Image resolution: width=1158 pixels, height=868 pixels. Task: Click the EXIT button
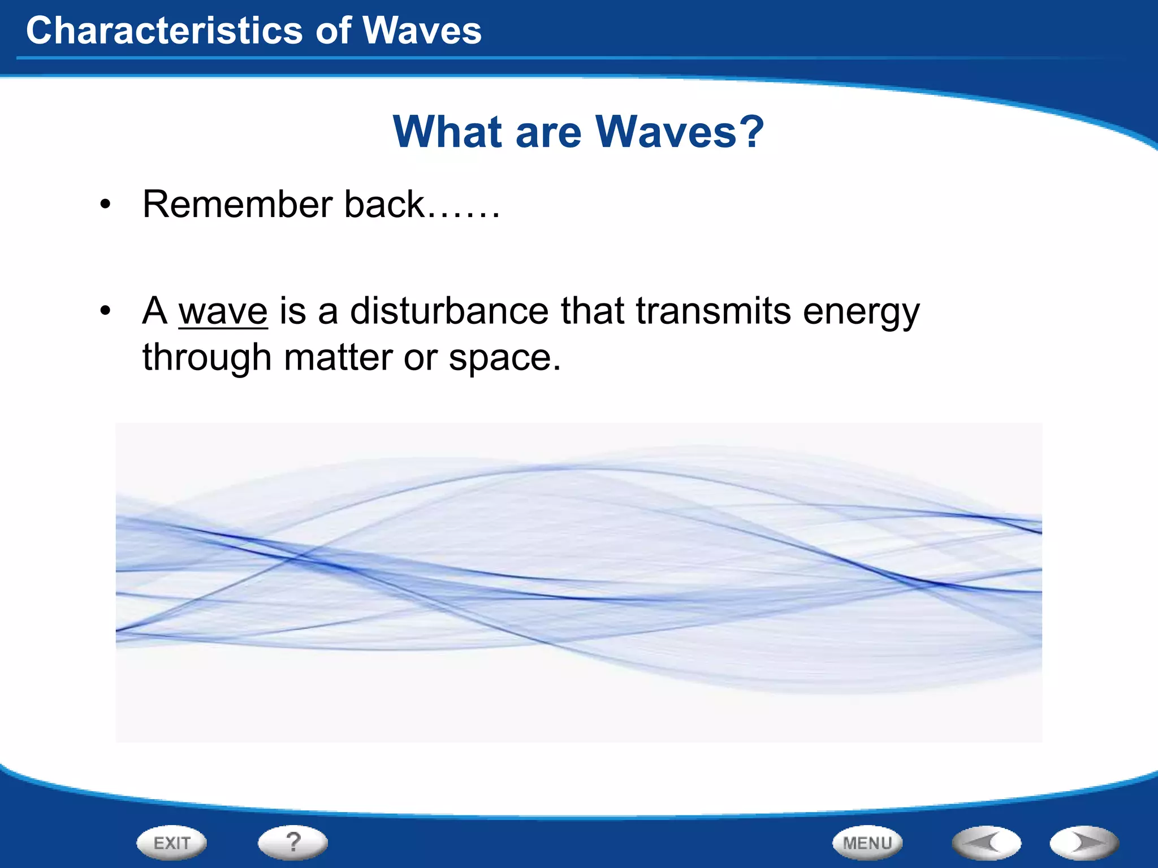[x=171, y=843]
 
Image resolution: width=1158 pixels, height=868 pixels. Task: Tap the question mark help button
[x=293, y=842]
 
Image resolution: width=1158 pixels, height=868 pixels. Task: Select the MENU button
[x=867, y=843]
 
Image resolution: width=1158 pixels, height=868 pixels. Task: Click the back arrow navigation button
[x=987, y=843]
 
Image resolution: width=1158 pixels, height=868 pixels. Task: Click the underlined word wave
[x=223, y=311]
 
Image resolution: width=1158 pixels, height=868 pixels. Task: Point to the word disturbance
[x=449, y=311]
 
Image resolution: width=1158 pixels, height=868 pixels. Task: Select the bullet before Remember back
[x=105, y=206]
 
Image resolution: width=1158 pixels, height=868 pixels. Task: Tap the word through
[x=207, y=358]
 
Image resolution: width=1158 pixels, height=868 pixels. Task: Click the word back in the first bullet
[x=384, y=204]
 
